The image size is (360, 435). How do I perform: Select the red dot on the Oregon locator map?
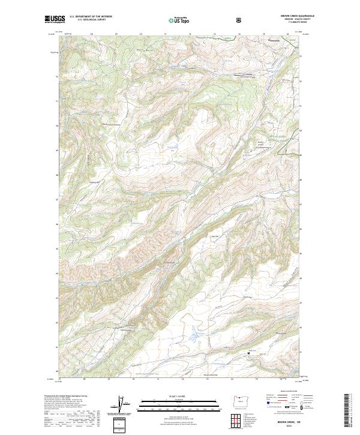243,400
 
